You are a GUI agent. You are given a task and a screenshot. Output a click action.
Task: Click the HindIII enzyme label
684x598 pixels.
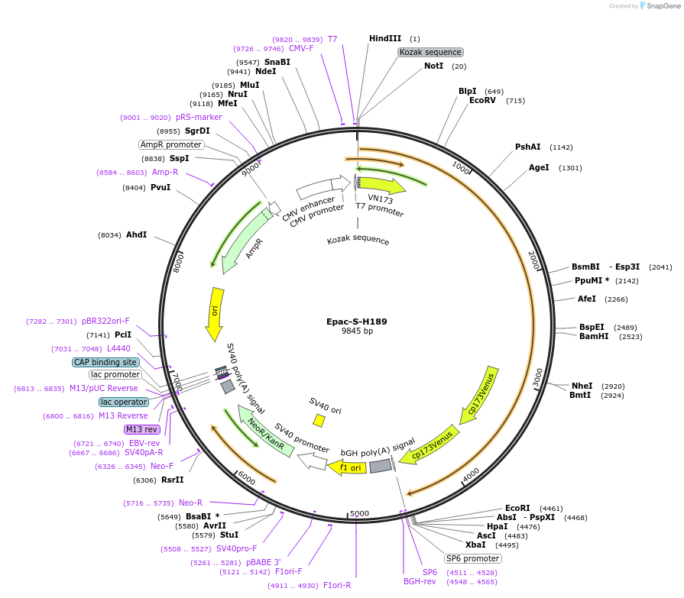click(x=384, y=38)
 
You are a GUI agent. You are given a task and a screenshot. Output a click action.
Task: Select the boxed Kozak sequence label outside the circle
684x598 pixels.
click(x=430, y=52)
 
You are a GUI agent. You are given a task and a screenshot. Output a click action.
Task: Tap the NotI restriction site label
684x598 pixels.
click(x=433, y=66)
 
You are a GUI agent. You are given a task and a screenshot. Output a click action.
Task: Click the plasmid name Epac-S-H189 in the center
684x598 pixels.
click(x=356, y=322)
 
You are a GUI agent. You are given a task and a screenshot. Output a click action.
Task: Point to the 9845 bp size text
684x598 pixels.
click(x=357, y=331)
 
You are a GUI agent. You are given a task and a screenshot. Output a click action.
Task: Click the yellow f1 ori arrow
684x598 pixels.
click(x=347, y=467)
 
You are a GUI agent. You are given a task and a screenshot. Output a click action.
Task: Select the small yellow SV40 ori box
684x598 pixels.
click(x=319, y=420)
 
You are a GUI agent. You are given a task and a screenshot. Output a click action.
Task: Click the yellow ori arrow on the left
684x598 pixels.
click(x=215, y=314)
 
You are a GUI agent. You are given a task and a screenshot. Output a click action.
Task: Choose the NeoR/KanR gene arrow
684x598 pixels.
click(x=265, y=432)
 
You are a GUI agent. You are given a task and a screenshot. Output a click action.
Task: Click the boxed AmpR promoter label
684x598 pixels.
click(x=171, y=144)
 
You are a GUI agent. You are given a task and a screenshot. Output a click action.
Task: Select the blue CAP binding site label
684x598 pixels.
click(x=105, y=362)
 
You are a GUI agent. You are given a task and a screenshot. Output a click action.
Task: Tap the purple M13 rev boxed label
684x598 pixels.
click(x=141, y=429)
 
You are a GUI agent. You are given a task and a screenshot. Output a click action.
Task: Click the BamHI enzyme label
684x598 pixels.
click(x=594, y=336)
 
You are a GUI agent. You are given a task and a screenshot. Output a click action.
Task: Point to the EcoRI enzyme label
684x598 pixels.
click(x=517, y=508)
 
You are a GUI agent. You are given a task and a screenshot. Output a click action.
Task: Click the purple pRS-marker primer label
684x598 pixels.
click(x=199, y=118)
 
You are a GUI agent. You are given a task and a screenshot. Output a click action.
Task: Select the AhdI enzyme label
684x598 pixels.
click(x=136, y=235)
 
